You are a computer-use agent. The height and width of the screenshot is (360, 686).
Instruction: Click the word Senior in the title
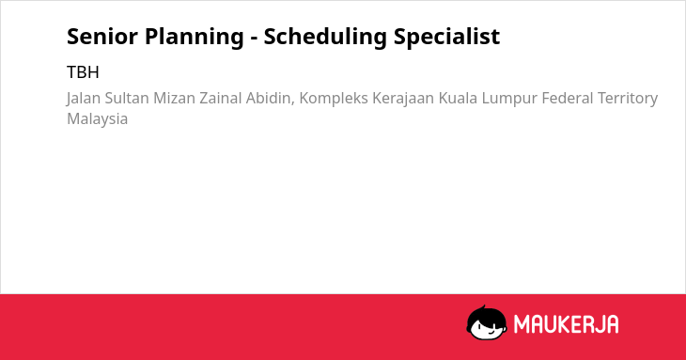[101, 37]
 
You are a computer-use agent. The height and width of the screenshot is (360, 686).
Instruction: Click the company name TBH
[83, 72]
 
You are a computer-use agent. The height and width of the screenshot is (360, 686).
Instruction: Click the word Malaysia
[98, 119]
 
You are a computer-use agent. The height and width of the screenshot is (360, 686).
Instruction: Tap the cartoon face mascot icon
[487, 322]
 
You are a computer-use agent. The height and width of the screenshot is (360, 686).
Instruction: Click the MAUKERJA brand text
[566, 324]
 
